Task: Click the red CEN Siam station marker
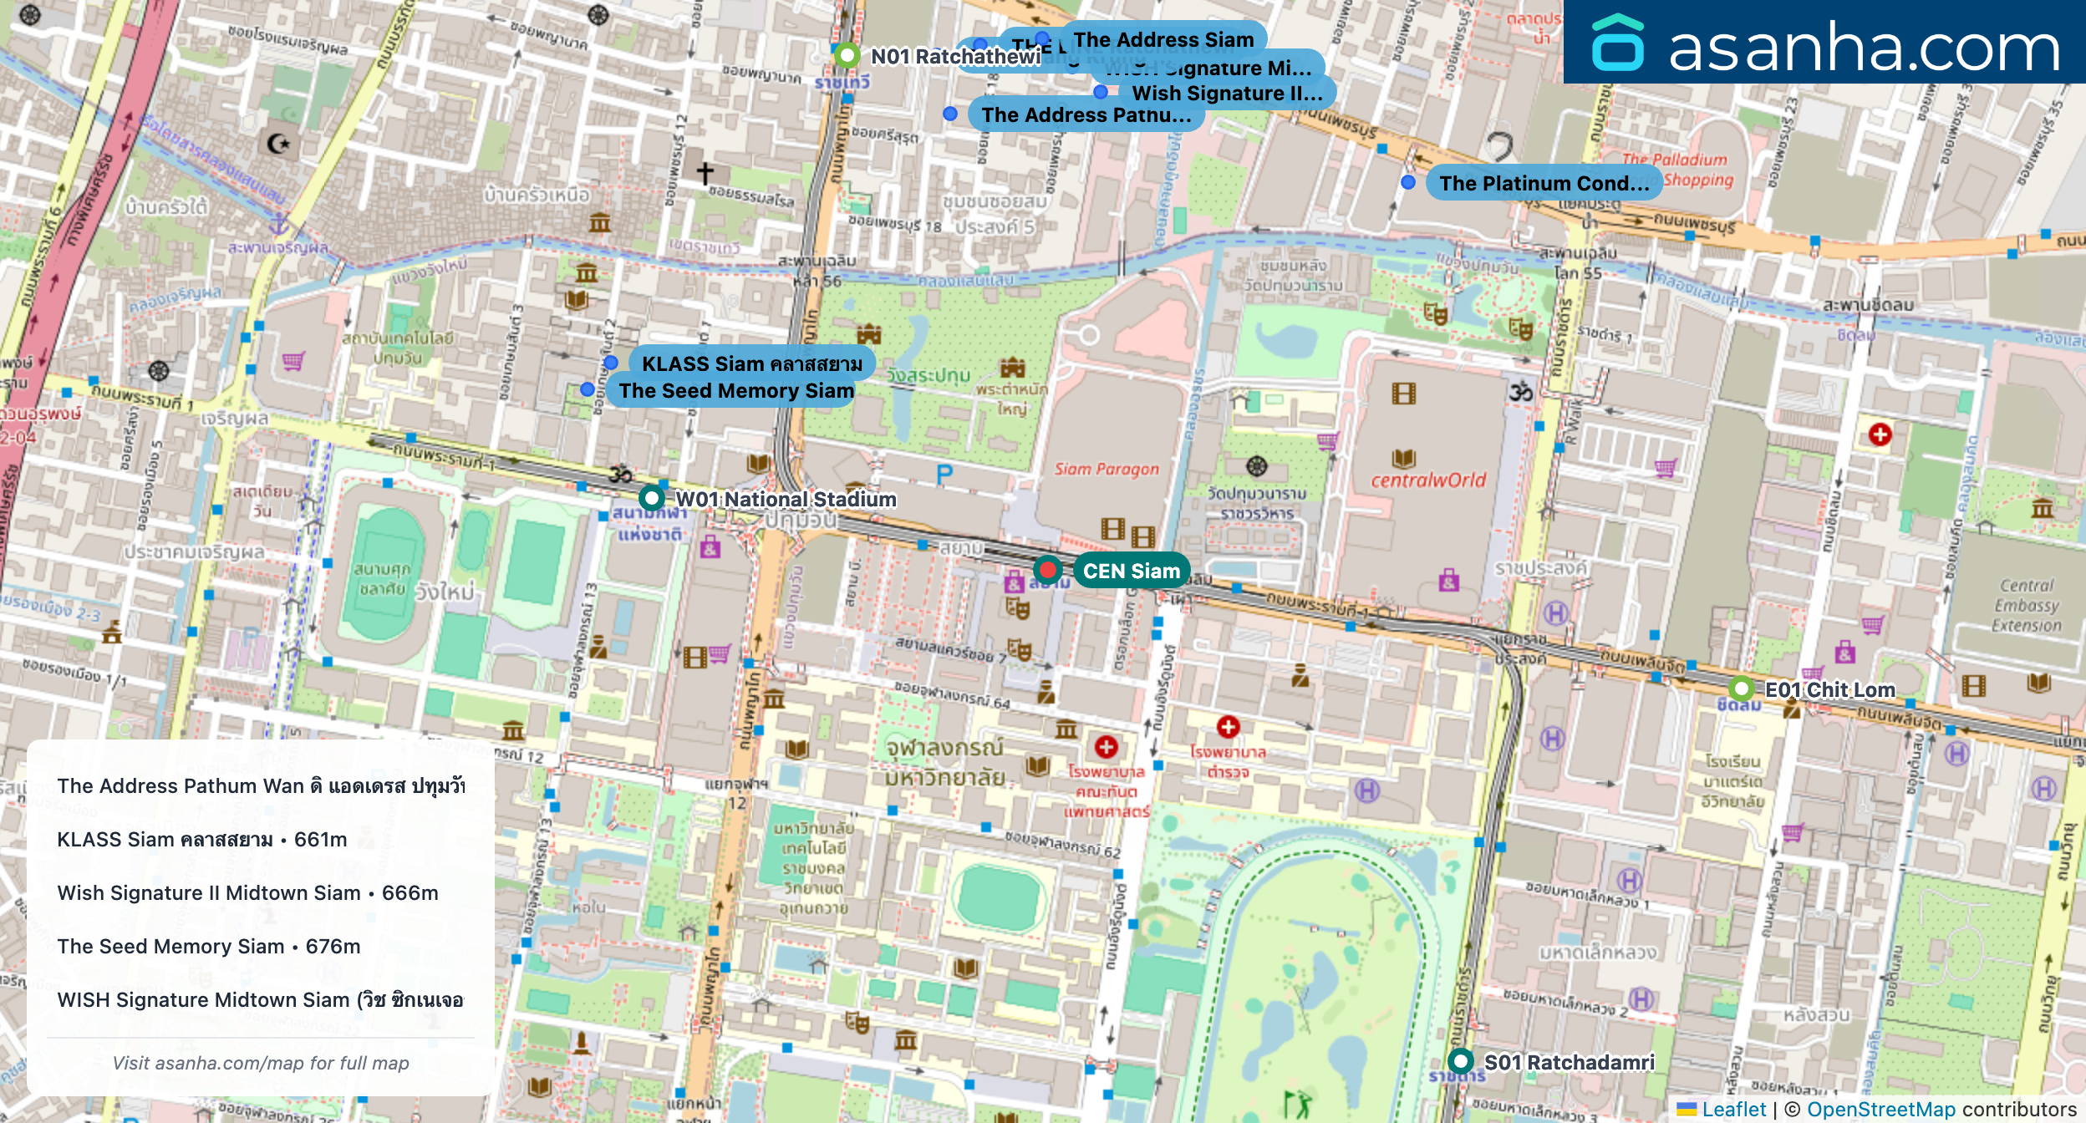(1047, 570)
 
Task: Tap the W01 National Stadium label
(785, 499)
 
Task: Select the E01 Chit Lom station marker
(1741, 689)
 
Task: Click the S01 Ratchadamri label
(1569, 1062)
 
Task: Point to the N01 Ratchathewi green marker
(847, 55)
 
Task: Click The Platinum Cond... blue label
(1544, 183)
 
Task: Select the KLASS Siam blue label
(751, 363)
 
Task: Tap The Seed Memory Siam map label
(735, 390)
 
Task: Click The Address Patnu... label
(1086, 114)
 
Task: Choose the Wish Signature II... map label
(1226, 93)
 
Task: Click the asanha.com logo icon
(1617, 43)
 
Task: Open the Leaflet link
(1733, 1109)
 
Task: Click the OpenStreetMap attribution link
(1880, 1109)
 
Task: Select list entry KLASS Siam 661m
(201, 839)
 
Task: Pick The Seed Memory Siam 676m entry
(209, 946)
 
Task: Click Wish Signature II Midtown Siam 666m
(247, 892)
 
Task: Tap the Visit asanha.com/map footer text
(261, 1063)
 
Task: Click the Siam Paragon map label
(1107, 469)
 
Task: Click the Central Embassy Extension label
(2026, 605)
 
